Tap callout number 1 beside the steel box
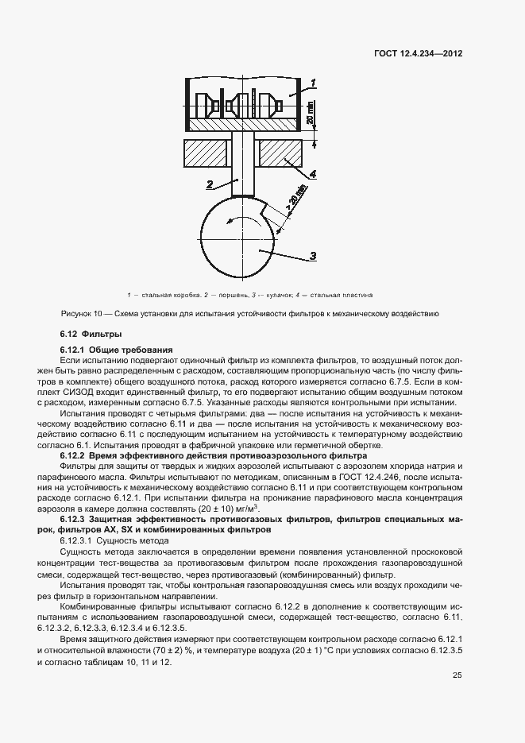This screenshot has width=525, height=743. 314,83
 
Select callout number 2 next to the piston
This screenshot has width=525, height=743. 209,184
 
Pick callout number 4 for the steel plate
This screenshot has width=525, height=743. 314,173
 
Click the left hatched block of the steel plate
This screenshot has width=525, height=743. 207,153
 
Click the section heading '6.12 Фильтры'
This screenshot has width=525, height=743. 91,334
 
